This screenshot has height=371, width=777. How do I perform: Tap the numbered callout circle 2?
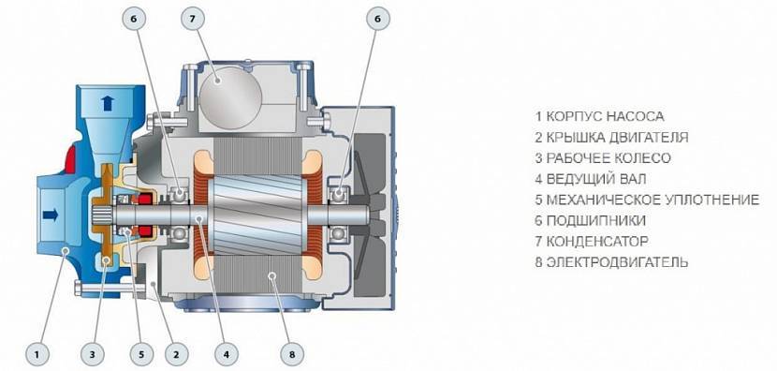[175, 355]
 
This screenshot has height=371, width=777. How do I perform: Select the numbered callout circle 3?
[92, 355]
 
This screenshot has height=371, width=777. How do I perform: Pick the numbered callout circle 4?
[226, 355]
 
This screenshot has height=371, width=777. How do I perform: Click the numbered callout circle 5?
[140, 355]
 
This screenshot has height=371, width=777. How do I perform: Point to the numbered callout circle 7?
[192, 19]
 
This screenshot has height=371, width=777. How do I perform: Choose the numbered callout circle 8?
[291, 355]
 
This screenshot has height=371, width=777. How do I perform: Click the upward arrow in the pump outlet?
[107, 103]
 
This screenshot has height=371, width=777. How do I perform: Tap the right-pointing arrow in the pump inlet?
[50, 215]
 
